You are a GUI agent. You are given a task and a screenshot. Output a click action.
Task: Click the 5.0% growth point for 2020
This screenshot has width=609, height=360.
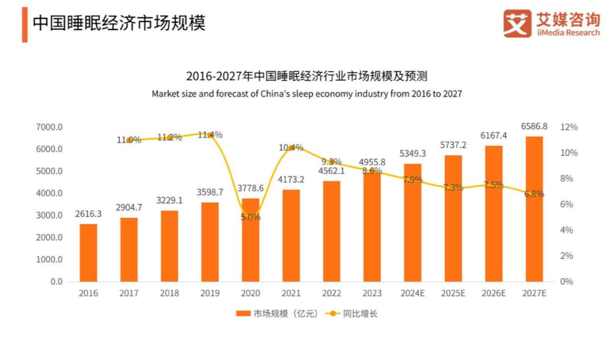click(x=250, y=217)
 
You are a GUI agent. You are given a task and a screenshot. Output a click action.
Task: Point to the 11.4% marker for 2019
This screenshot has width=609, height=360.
click(x=210, y=135)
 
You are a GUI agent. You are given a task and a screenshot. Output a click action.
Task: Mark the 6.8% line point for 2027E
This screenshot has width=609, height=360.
click(x=534, y=194)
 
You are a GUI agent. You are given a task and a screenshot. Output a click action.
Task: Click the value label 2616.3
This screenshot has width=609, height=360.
click(x=88, y=214)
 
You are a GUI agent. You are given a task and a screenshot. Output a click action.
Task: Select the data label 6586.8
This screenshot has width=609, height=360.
click(x=534, y=126)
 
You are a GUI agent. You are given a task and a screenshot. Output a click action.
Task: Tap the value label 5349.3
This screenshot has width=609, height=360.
click(x=413, y=153)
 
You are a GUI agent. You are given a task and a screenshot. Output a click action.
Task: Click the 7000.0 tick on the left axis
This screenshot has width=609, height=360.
click(x=51, y=127)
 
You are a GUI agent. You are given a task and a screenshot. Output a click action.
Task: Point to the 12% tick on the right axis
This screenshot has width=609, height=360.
click(x=570, y=127)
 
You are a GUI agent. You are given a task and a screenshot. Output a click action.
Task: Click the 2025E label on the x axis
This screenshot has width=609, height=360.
click(x=453, y=293)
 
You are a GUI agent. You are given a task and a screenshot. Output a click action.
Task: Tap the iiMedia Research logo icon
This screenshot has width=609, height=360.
click(x=517, y=23)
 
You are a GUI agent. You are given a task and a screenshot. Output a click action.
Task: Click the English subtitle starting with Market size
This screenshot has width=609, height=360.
click(x=307, y=94)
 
